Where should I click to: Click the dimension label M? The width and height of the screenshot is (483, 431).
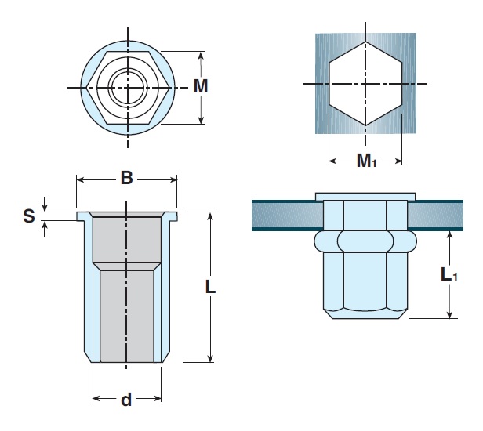click(x=201, y=87)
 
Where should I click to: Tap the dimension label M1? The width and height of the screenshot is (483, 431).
click(x=366, y=161)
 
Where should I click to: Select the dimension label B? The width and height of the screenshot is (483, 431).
click(x=125, y=179)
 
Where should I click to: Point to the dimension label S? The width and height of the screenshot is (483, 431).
click(x=29, y=215)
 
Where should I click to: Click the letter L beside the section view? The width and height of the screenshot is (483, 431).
click(x=210, y=287)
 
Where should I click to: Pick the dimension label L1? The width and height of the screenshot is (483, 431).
click(x=447, y=274)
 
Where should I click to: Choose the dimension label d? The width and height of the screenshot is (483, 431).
click(x=125, y=400)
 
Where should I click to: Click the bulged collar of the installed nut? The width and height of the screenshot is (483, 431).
click(x=365, y=240)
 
